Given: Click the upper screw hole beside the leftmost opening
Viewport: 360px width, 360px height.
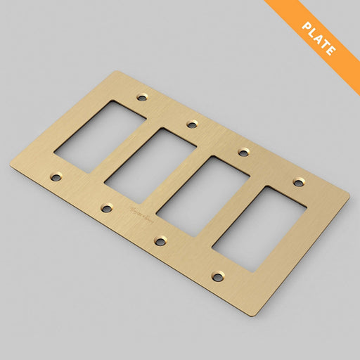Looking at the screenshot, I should tap(143, 95).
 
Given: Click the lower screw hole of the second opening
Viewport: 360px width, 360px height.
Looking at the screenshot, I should tap(107, 208).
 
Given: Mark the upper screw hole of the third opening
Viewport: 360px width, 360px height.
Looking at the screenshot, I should tap(243, 152).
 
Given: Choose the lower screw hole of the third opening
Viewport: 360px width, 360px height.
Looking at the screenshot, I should tap(160, 241).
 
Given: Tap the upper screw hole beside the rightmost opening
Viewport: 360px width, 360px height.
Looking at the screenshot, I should tap(298, 183).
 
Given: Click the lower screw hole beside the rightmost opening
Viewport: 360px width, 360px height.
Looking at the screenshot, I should tap(218, 277).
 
